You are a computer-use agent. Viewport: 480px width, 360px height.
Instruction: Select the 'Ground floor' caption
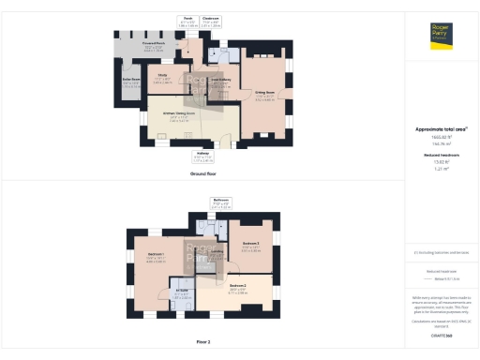click(x=204, y=175)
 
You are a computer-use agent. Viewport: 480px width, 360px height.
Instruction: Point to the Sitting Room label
click(x=265, y=93)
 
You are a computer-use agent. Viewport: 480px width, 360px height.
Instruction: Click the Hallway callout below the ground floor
click(x=204, y=156)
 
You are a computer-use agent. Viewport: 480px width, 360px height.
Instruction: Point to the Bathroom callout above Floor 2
click(x=220, y=200)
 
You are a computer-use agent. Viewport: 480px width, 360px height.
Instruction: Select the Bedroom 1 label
click(x=156, y=256)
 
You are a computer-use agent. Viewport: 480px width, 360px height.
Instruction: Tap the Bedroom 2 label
click(x=236, y=284)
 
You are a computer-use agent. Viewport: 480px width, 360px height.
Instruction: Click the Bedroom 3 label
click(x=250, y=243)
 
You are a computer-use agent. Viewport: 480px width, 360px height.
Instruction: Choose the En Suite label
click(x=181, y=290)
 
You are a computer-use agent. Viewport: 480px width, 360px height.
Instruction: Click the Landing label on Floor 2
click(x=217, y=251)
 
